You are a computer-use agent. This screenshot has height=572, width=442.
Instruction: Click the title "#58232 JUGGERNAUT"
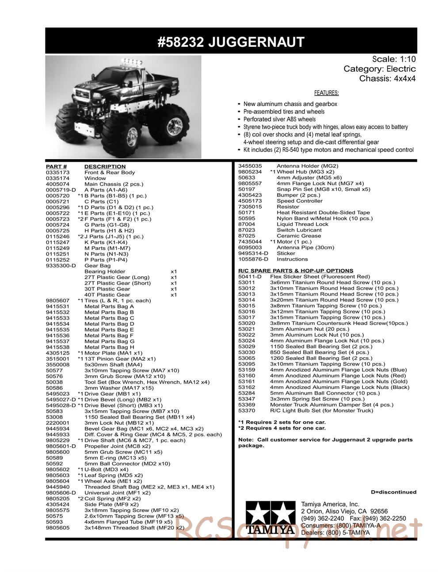click(231, 42)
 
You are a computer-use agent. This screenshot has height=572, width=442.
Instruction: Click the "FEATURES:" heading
click(326, 93)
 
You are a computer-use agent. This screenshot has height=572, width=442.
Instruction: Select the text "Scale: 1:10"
click(394, 59)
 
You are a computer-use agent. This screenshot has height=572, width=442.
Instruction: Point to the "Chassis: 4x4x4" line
click(387, 79)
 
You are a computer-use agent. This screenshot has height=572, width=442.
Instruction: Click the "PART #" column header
click(56, 167)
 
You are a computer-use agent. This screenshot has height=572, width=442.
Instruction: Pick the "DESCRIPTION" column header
click(105, 167)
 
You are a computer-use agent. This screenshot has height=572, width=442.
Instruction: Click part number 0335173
click(58, 172)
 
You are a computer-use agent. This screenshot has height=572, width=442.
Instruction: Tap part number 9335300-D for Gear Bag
click(61, 266)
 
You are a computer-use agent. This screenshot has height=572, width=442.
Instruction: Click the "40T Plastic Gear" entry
click(107, 295)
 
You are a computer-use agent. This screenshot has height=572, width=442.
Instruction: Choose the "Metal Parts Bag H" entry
click(109, 347)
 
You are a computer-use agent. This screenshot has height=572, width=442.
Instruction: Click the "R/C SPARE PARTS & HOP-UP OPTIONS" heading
click(296, 271)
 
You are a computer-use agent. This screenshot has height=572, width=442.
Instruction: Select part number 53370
click(247, 411)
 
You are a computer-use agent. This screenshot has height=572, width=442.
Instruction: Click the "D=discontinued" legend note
click(393, 492)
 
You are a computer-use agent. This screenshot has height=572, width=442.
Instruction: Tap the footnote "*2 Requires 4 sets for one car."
click(282, 428)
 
